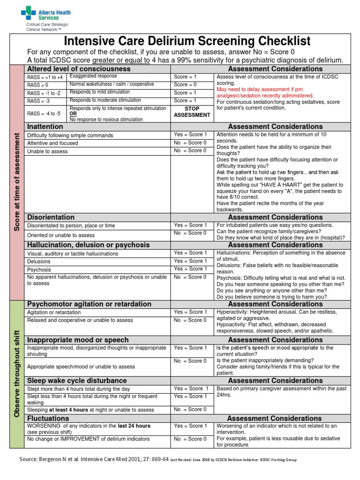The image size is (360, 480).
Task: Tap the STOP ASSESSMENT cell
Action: (x=192, y=112)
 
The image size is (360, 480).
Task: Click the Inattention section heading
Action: (x=45, y=127)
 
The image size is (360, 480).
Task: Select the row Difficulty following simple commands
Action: (x=70, y=135)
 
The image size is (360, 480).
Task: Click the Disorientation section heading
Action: (x=51, y=217)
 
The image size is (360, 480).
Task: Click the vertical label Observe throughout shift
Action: (x=17, y=373)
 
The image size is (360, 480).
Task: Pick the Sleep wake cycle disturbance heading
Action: (x=77, y=381)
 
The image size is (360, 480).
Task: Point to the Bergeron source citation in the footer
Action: (x=94, y=460)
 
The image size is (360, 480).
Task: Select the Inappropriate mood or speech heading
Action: (x=77, y=339)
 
